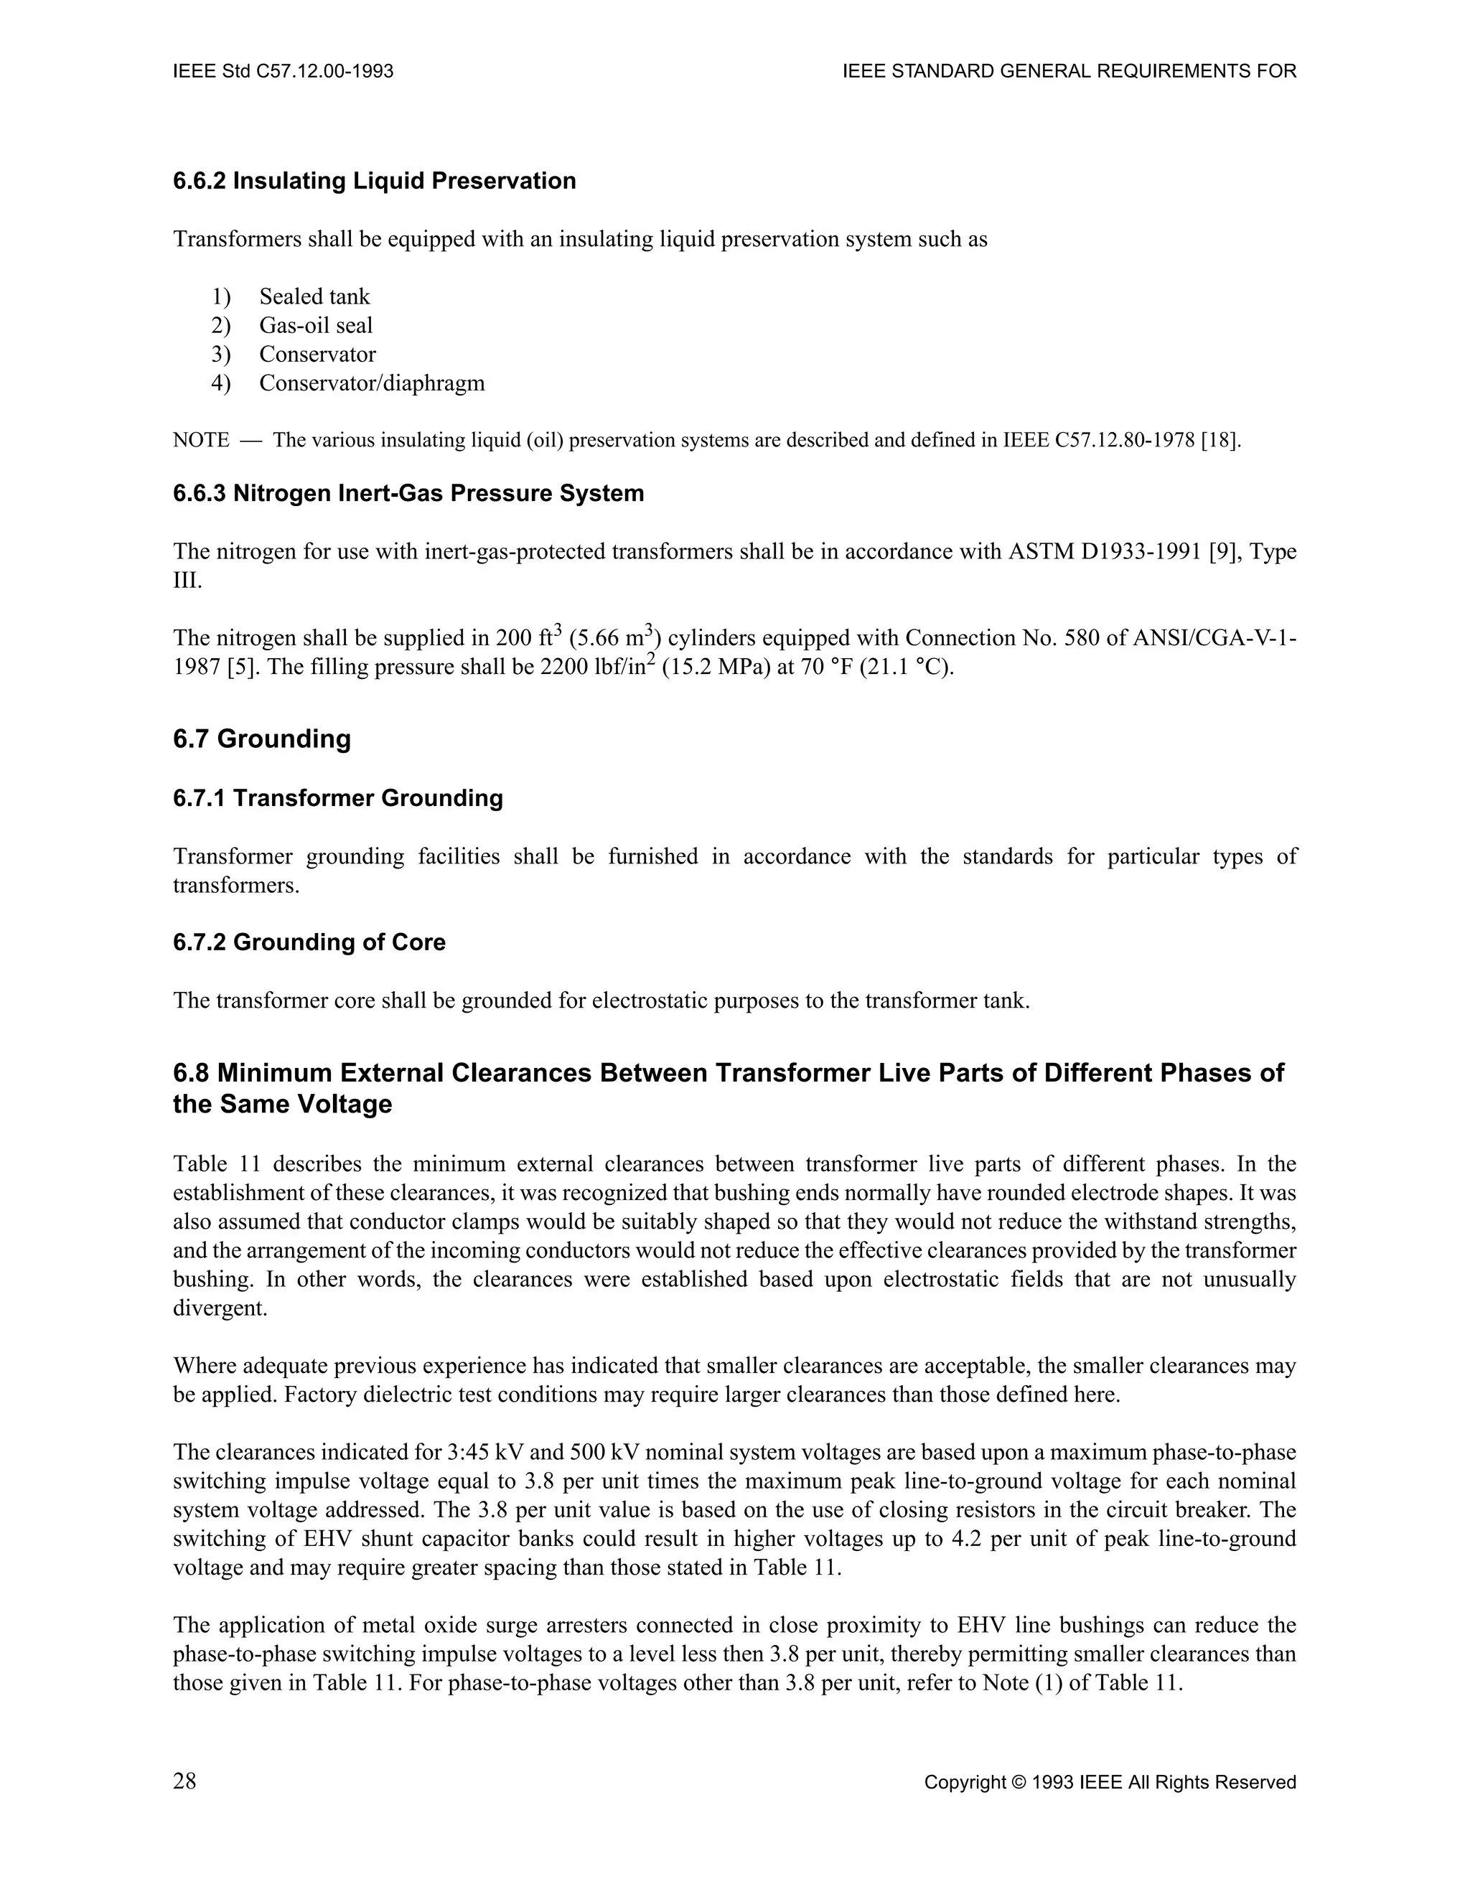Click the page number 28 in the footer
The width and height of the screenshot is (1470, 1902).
pyautogui.click(x=184, y=1782)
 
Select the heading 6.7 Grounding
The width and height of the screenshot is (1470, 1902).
pyautogui.click(x=261, y=739)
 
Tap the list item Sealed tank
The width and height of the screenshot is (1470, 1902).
pyautogui.click(x=314, y=297)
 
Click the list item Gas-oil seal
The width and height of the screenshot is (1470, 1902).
pyautogui.click(x=315, y=326)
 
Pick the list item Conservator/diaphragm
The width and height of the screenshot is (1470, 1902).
pyautogui.click(x=372, y=383)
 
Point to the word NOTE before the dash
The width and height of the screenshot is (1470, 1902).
pyautogui.click(x=201, y=441)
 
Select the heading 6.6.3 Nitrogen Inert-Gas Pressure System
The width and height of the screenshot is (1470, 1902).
pyautogui.click(x=408, y=494)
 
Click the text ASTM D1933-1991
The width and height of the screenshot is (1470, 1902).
pyautogui.click(x=1105, y=552)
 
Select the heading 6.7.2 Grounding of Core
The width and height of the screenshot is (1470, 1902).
pyautogui.click(x=309, y=942)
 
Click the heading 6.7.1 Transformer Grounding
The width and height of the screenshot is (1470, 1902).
pyautogui.click(x=338, y=799)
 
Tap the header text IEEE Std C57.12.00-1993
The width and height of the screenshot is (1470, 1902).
pyautogui.click(x=283, y=71)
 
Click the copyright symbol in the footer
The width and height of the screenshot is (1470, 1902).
pyautogui.click(x=1017, y=1784)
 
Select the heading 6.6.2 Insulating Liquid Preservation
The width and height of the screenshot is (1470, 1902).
pyautogui.click(x=375, y=181)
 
